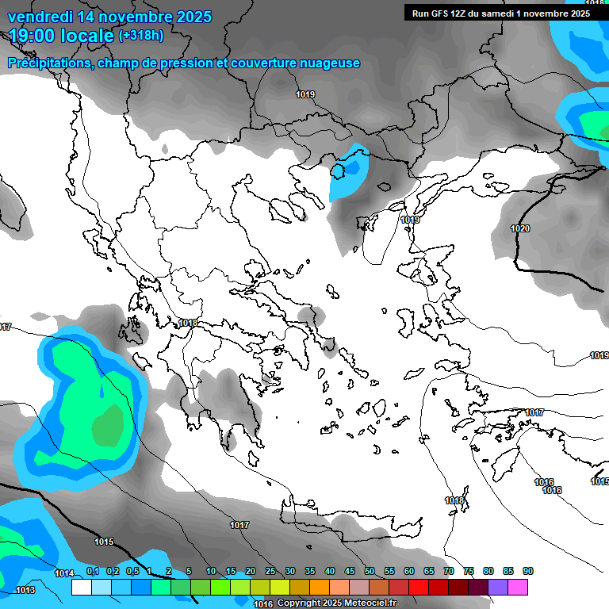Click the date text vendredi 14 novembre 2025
coord(109,17)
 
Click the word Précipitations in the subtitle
coord(48,63)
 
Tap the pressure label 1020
coord(520,228)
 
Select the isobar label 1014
coord(64,573)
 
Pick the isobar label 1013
coord(25,590)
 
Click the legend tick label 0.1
coord(92,572)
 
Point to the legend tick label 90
coord(528,572)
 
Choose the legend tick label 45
coord(350,572)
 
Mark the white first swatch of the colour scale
coord(81,587)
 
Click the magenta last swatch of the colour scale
coord(518,587)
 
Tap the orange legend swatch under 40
coord(320,587)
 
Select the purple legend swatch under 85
coord(498,587)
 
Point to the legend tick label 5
coord(189,572)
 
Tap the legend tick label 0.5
coord(132,572)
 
